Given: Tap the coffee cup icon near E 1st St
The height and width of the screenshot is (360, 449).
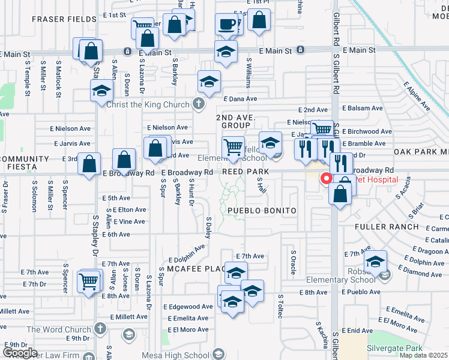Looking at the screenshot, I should click(x=227, y=25).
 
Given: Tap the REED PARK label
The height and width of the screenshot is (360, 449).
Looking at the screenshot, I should click(x=244, y=172).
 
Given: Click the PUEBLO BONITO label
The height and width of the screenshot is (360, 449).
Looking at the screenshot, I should click(x=262, y=211).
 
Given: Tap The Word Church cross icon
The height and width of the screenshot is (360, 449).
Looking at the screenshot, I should click(x=100, y=329).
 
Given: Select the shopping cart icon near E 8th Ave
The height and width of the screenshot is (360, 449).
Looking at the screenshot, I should click(x=89, y=280).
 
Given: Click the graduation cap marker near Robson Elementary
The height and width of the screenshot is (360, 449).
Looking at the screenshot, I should click(x=375, y=262).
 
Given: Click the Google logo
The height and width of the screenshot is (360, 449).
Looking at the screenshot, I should click(x=20, y=353).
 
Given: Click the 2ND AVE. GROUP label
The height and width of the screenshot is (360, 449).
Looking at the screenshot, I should click(x=235, y=121).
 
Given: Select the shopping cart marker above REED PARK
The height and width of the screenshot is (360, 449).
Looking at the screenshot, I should click(x=232, y=146).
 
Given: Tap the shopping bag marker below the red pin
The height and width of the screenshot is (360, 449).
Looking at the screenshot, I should click(x=340, y=194).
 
